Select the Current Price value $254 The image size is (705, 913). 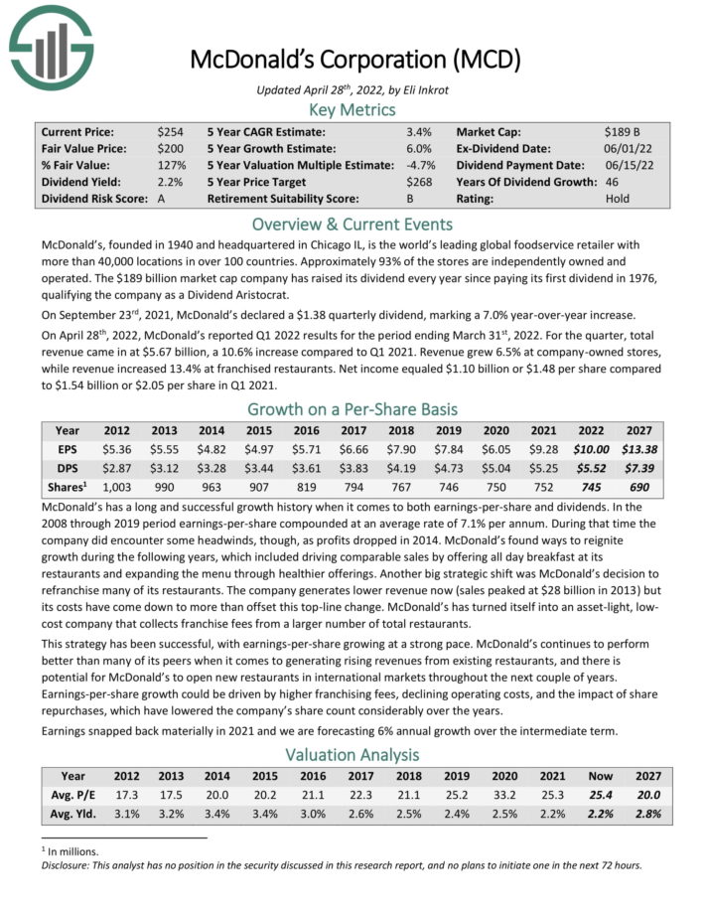point(170,131)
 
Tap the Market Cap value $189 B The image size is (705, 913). point(623,131)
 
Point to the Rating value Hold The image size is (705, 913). point(617,199)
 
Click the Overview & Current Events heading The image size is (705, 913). point(352,223)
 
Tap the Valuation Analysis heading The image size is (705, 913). point(352,755)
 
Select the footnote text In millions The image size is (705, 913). point(70,851)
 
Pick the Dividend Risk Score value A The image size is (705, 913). point(161,199)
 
